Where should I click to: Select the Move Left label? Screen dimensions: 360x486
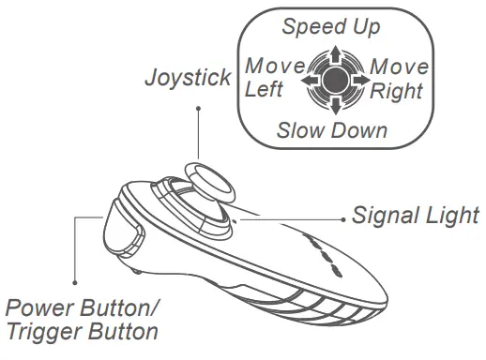(x=273, y=78)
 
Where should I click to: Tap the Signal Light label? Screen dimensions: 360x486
(x=416, y=216)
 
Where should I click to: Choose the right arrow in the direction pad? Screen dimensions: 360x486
(x=360, y=81)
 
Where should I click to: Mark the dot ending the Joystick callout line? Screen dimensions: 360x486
(x=198, y=109)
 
